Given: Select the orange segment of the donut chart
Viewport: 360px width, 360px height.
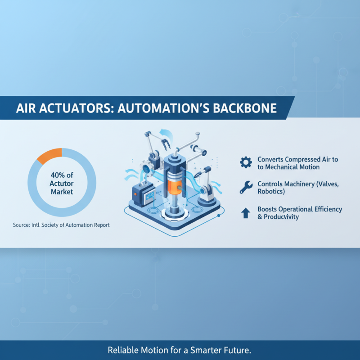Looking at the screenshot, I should click(49, 156).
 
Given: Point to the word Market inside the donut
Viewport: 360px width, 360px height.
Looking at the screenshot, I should click(62, 192).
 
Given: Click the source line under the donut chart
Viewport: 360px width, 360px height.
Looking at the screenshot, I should click(61, 225).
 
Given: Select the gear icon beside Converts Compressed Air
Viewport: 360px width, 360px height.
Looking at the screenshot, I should click(246, 162).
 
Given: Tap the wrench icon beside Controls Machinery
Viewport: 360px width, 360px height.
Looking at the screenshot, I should click(246, 187).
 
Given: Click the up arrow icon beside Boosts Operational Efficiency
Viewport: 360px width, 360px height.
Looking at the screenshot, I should click(246, 212).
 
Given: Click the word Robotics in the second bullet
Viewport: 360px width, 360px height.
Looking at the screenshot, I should click(271, 191).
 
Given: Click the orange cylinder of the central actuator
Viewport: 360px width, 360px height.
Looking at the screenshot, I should click(173, 185).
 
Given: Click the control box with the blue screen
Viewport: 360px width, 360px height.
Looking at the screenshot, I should click(143, 195).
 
